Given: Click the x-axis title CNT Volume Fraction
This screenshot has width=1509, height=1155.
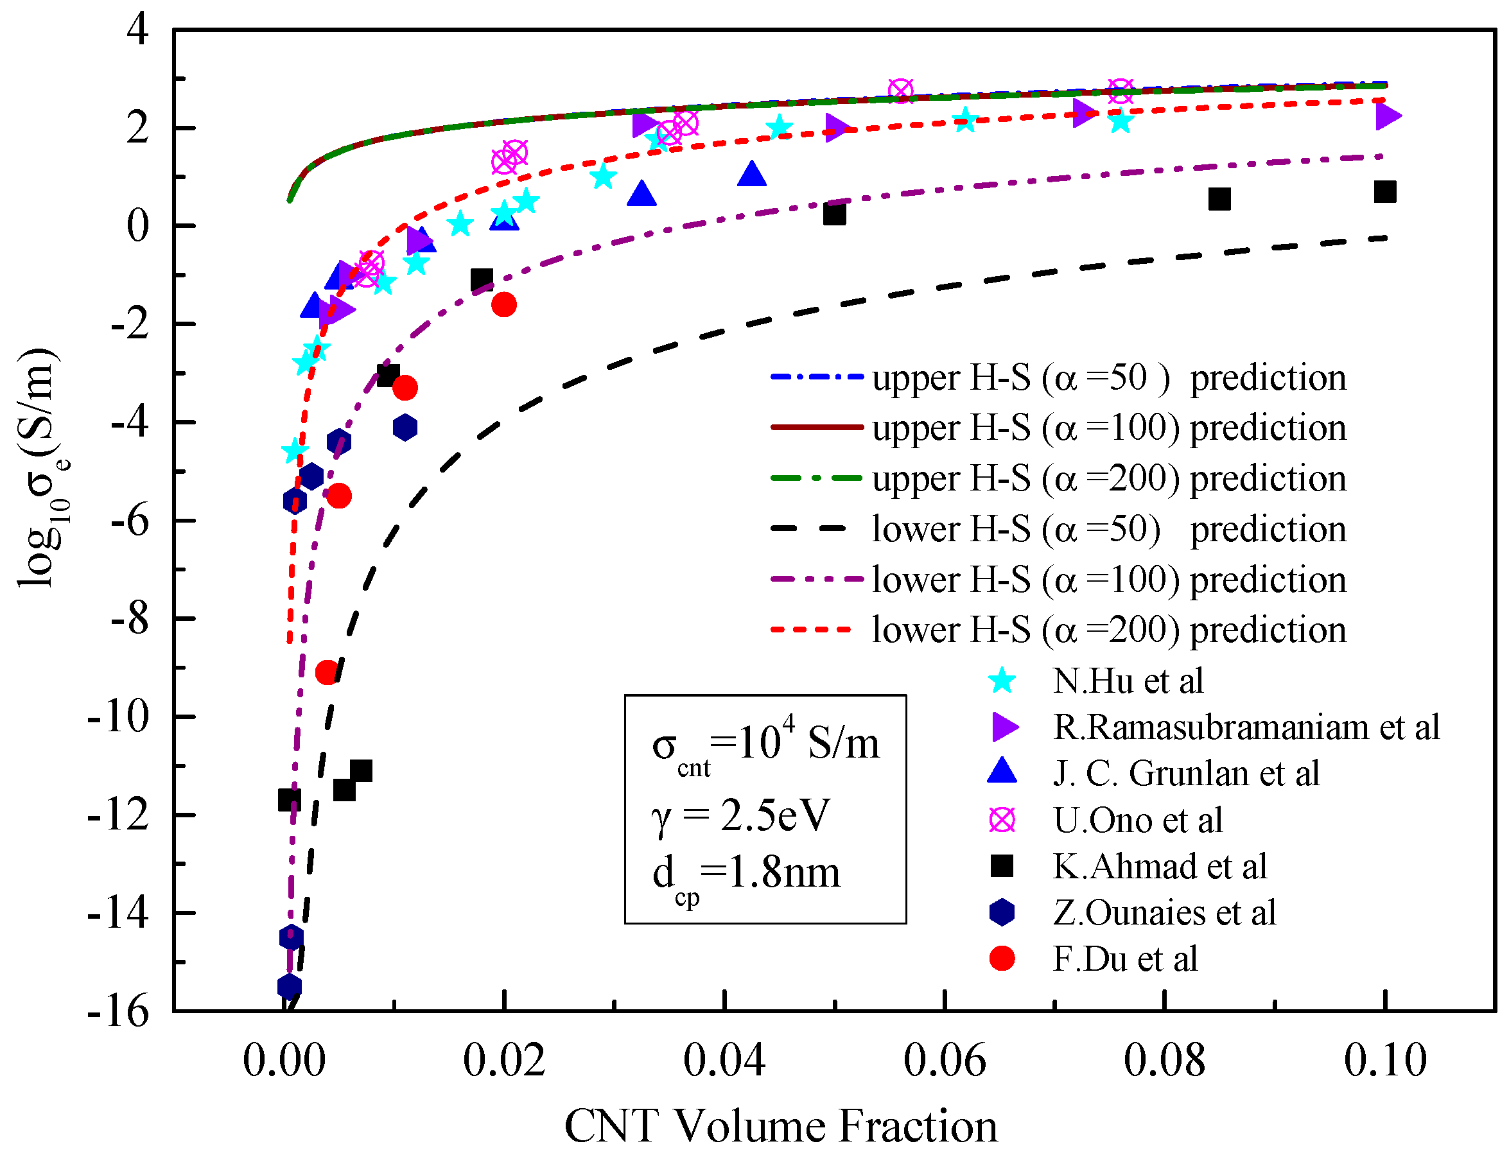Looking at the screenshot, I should (780, 1125).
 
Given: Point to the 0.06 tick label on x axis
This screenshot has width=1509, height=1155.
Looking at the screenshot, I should (945, 1059).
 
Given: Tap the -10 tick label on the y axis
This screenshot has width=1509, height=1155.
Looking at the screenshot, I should (118, 716).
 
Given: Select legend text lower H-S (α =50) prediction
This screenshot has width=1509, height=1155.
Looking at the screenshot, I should (1108, 528).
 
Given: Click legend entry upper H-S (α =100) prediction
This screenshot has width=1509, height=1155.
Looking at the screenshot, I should (1108, 428).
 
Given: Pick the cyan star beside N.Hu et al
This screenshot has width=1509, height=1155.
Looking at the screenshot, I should (1002, 681).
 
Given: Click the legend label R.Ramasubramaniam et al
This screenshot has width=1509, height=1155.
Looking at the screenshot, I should (1246, 727).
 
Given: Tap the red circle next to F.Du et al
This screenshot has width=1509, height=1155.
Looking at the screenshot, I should (1002, 959).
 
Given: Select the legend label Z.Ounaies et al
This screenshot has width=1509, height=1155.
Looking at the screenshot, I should (1164, 912).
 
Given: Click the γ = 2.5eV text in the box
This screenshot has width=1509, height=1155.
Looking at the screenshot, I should (740, 816).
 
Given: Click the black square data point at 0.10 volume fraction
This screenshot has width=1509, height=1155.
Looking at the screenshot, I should (1384, 192).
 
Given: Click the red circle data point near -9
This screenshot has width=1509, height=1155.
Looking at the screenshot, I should (327, 672).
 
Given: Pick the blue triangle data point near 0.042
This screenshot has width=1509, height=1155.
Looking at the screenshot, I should (751, 175).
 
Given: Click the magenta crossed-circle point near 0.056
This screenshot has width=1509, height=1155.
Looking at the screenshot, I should (900, 90).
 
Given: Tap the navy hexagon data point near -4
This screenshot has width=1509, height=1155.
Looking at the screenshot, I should (405, 428).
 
